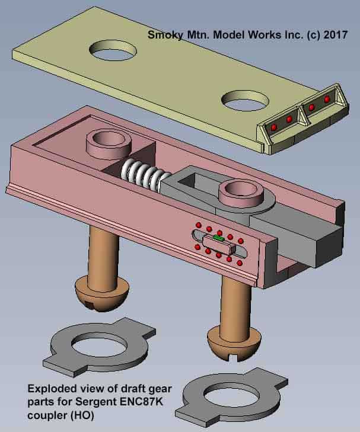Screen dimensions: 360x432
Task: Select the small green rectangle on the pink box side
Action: (x=218, y=237)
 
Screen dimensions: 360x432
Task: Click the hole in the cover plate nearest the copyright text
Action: (x=113, y=50)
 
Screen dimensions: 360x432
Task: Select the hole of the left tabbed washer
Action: (x=100, y=345)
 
